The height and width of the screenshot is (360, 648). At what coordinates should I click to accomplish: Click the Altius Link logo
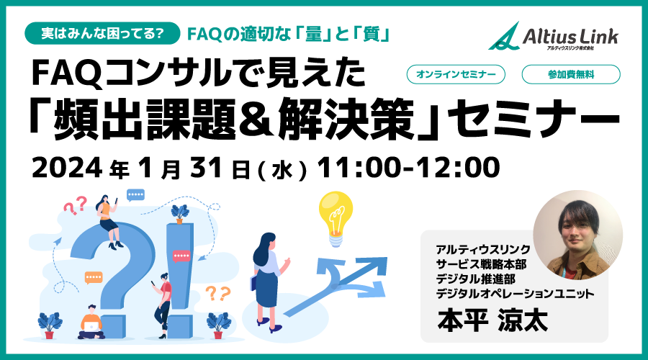coord(553,37)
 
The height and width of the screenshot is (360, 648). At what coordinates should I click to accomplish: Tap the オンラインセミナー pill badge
coord(456,75)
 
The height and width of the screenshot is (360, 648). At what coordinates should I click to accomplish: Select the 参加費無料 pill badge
coord(571,75)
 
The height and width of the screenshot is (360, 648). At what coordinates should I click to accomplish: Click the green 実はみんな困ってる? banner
coord(102,33)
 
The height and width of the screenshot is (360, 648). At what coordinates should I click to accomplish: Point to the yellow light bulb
coord(336,219)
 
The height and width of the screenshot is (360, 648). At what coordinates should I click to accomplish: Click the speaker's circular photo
coord(577,235)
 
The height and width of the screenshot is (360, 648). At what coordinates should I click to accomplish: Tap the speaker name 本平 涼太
coord(492,320)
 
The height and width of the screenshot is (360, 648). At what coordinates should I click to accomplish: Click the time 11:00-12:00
coord(408,168)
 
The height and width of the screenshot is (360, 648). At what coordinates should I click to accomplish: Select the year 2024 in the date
coord(67,168)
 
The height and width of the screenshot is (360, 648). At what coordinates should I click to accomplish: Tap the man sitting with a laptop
coord(91,323)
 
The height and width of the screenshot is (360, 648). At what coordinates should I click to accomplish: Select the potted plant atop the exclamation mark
coord(180,214)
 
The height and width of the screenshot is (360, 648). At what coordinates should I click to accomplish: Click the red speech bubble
coord(181,256)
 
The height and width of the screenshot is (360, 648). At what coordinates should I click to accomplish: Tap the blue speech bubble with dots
coord(135,194)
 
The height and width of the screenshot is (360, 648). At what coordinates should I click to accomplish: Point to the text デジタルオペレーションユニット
coord(515,294)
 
